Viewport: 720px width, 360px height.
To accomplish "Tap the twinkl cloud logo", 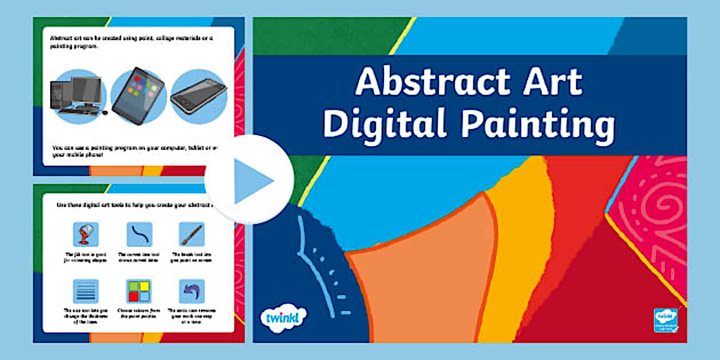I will pos(283,316).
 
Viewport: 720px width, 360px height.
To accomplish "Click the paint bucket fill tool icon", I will pos(86,234).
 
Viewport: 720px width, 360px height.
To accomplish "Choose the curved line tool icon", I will pos(139,234).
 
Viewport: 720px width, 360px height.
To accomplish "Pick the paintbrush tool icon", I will pos(191,234).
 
